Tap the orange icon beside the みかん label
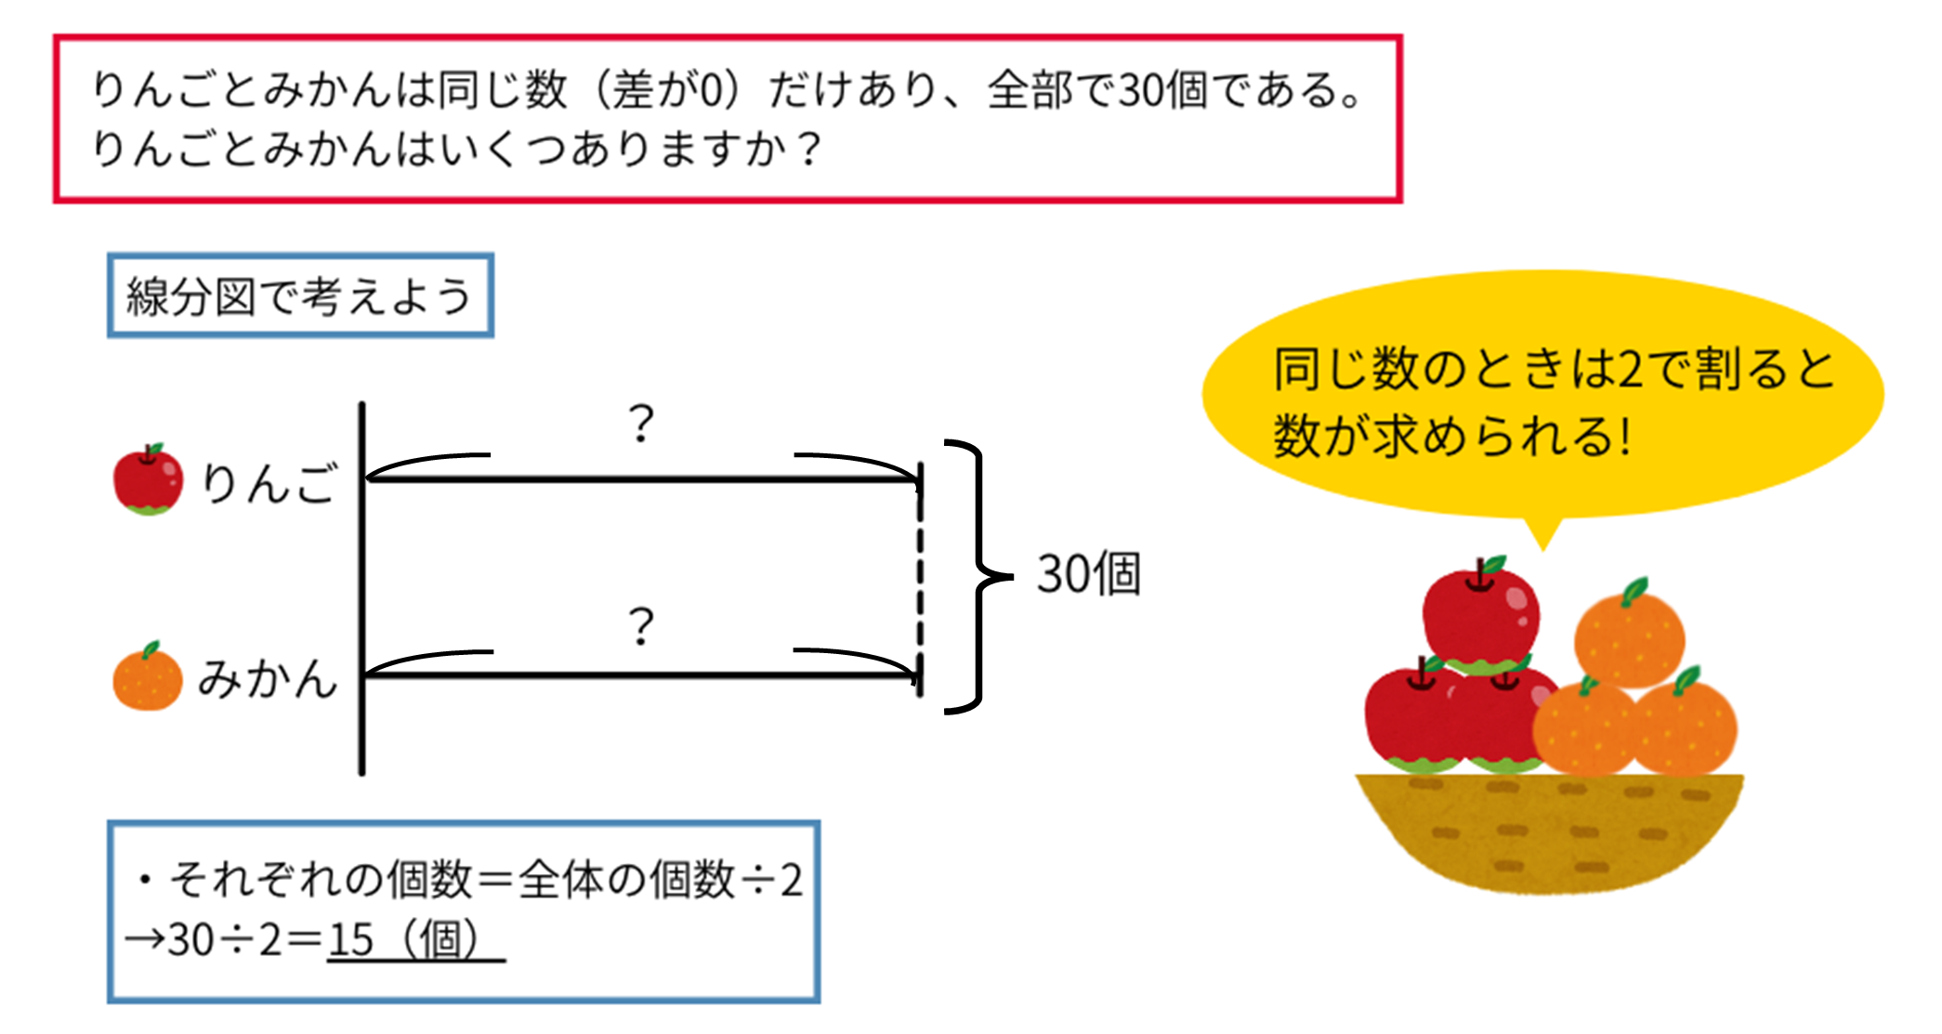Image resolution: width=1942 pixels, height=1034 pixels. point(148,677)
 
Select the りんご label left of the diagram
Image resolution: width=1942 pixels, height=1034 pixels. point(269,483)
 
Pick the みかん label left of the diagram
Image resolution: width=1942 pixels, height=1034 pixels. point(268,678)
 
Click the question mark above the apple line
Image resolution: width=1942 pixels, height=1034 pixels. point(641,424)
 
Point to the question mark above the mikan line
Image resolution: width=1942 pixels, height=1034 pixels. point(641,626)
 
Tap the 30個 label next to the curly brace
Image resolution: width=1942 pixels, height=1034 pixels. point(1088,574)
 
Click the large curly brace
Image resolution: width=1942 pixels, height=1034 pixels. point(976,576)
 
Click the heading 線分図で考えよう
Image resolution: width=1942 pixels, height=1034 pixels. point(299,296)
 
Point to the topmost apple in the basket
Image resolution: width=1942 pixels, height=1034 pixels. point(1481,613)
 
